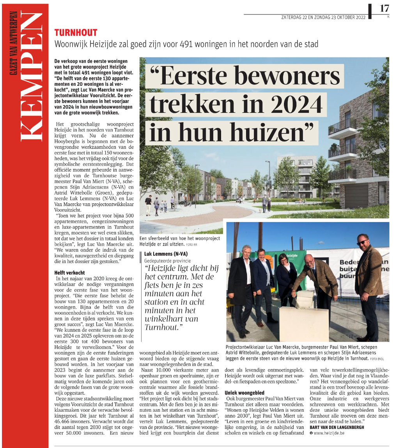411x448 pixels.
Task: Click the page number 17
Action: (x=384, y=8)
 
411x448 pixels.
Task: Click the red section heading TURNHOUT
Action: (x=76, y=33)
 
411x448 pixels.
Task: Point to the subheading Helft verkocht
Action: (x=70, y=272)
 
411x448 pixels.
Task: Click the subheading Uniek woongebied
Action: (x=244, y=392)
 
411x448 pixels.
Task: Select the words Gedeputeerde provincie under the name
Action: (x=166, y=260)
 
